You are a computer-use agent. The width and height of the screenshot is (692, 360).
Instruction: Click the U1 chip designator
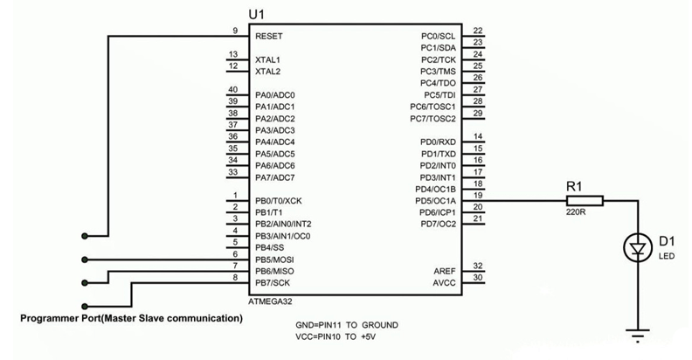coord(258,16)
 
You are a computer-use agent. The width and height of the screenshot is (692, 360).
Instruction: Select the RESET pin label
coord(269,38)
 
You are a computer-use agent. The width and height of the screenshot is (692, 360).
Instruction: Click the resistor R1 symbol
coord(575,201)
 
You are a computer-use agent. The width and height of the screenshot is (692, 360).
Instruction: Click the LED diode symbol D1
coord(637,249)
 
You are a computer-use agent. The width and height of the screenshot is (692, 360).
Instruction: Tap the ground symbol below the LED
coord(637,332)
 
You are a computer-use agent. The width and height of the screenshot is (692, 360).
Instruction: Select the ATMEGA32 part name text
coord(273,301)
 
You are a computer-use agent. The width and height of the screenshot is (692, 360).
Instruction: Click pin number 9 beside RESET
coord(235,31)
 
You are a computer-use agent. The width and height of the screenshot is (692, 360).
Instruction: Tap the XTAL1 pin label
coord(267,59)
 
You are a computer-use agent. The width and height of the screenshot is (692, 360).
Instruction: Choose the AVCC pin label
coord(445,284)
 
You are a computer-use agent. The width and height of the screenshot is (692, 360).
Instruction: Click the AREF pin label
coord(445,272)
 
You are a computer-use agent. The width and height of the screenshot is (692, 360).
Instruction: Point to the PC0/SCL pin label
coord(439,36)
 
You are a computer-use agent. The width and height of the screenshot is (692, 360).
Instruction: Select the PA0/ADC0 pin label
coord(275,94)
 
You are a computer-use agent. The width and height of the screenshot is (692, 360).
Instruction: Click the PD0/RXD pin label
coord(438,142)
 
